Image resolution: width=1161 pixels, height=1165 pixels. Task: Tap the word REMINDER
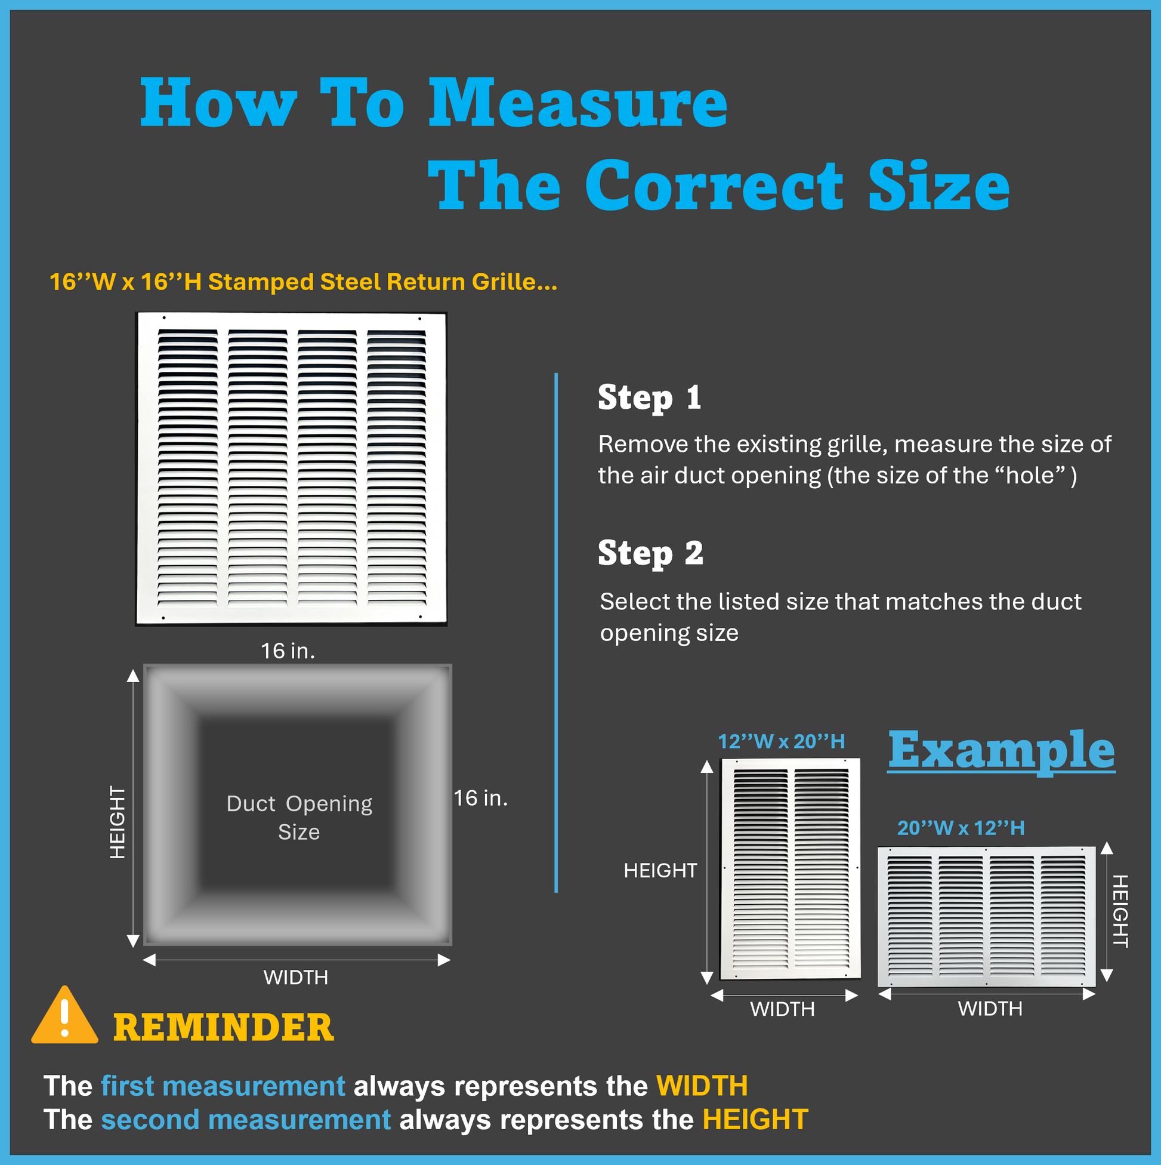point(223,1028)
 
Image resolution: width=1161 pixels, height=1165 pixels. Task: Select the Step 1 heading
point(649,398)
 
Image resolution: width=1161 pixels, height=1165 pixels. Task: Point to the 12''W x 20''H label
point(781,741)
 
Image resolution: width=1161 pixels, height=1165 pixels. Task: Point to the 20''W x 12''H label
point(961,828)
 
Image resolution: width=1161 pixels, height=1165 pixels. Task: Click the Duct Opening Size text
point(299,818)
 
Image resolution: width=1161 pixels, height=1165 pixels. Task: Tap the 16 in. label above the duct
point(288,651)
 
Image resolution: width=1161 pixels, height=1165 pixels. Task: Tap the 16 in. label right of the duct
point(480,798)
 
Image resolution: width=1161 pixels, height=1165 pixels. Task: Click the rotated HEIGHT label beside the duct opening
point(118,822)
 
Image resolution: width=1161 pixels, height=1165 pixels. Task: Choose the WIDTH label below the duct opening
point(295,977)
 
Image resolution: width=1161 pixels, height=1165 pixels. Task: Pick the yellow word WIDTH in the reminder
point(702,1086)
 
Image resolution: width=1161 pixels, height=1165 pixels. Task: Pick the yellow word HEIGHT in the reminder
point(755,1120)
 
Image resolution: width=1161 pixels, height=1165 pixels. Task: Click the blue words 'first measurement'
point(223,1086)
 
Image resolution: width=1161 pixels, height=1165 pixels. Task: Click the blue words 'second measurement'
point(246,1120)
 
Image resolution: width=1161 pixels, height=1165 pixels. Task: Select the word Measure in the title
point(578,103)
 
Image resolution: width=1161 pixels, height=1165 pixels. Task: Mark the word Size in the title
point(939,186)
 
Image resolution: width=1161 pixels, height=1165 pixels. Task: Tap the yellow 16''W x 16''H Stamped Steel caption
point(303,282)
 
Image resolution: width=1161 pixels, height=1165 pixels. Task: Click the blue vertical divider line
point(556,633)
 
